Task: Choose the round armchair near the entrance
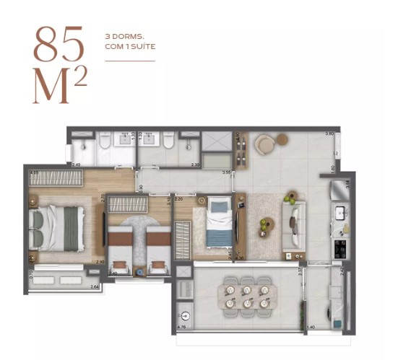click(x=264, y=145)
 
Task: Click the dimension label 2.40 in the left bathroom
click(x=76, y=165)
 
